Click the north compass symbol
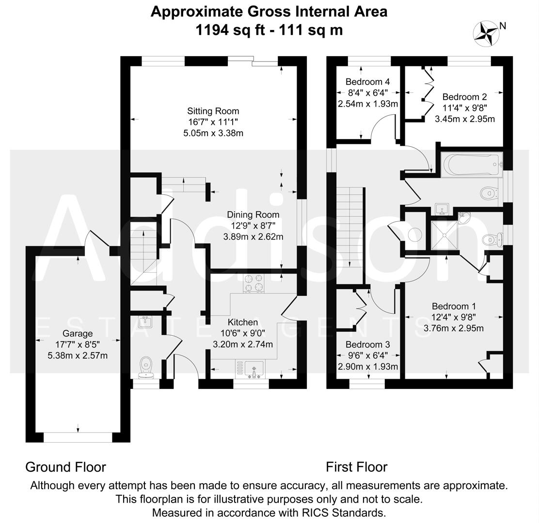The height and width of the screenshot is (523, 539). tap(486, 33)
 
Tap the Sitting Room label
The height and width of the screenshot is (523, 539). tap(214, 111)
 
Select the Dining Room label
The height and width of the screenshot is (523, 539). tap(253, 215)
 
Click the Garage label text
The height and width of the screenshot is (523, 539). tap(78, 333)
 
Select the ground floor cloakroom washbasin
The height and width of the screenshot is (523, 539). tap(145, 322)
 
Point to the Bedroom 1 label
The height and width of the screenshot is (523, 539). tap(454, 306)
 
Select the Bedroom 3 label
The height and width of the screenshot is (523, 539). tap(367, 345)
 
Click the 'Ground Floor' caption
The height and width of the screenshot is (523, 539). tap(65, 467)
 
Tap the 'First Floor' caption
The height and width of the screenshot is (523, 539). tap(356, 467)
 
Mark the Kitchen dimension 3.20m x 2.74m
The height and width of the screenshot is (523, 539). tap(242, 345)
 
